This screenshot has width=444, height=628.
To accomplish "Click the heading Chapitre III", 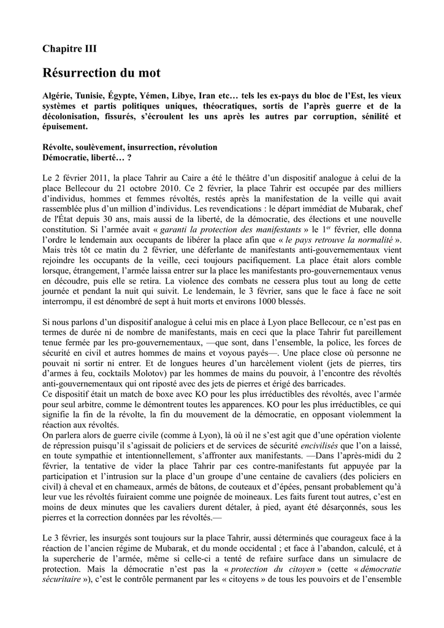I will coord(69,48).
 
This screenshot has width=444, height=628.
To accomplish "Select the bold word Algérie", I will coord(57,96).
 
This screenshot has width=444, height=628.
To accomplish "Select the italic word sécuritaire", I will coord(64,580).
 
